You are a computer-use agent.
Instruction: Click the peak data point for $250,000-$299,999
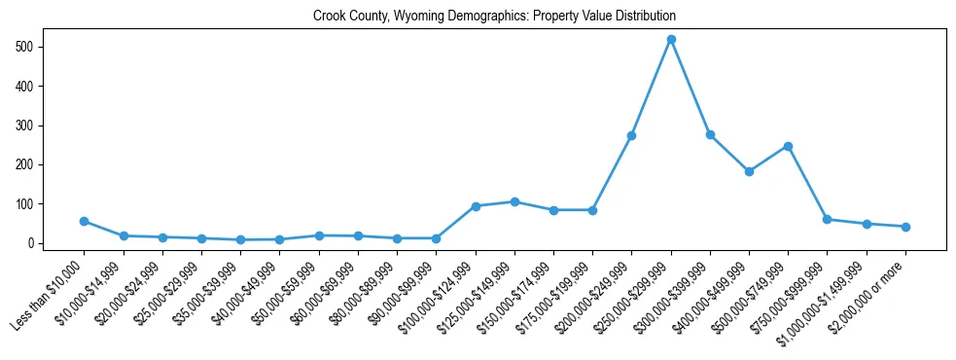[x=671, y=39]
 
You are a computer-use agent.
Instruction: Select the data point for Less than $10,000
[x=84, y=221]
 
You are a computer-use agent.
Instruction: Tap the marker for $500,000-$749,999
[x=788, y=146]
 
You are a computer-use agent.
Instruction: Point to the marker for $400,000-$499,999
[x=749, y=171]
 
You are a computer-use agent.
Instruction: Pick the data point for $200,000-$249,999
[x=631, y=135]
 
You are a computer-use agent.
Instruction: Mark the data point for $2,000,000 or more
[x=905, y=227]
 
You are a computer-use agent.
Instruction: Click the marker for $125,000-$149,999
[x=514, y=201]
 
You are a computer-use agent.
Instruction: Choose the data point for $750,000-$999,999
[x=827, y=219]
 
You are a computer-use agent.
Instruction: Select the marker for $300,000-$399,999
[x=710, y=134]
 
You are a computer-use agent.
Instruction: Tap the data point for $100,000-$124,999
[x=476, y=206]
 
